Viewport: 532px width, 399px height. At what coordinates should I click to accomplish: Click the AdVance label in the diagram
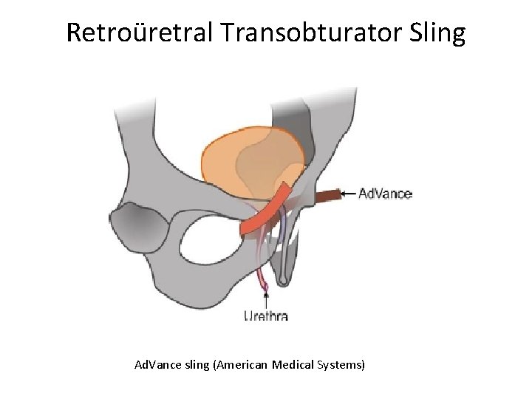(x=385, y=195)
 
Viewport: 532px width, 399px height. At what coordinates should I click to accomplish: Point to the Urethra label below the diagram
(x=266, y=316)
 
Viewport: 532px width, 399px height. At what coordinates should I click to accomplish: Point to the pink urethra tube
(x=261, y=277)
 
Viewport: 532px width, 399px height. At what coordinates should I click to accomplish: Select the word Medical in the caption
(x=289, y=366)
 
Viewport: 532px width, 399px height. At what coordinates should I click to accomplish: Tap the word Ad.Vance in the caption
(x=153, y=366)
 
